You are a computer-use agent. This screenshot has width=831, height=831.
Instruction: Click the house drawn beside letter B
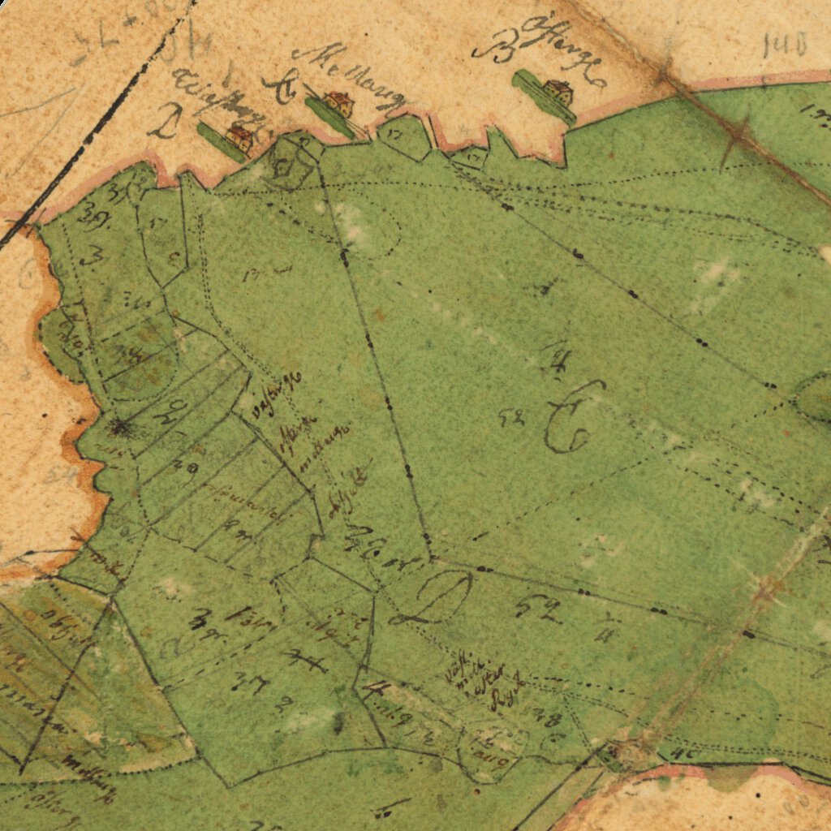tap(558, 93)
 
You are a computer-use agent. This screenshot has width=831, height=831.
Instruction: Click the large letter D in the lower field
tap(438, 597)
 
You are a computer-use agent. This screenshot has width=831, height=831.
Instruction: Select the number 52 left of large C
tap(511, 418)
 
